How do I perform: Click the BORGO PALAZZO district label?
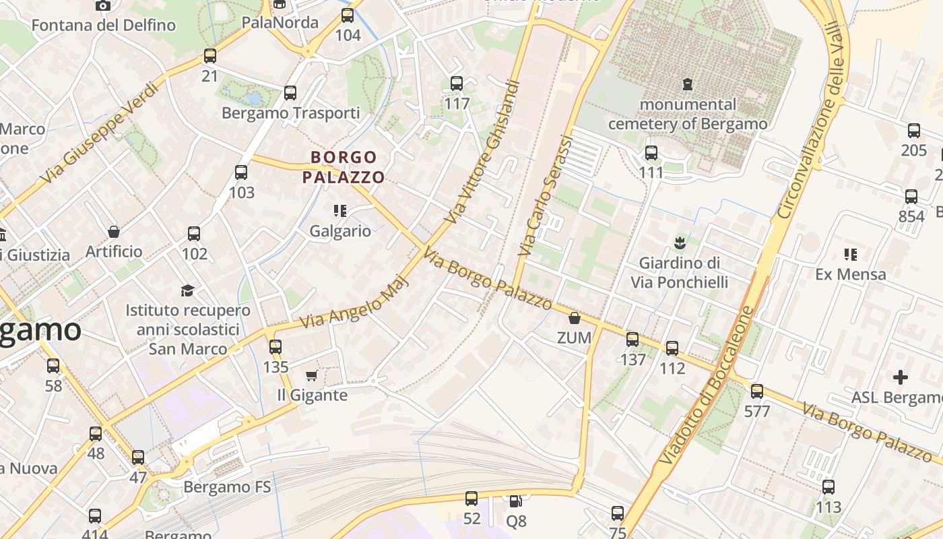point(344,167)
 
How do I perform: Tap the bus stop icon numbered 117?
point(457,84)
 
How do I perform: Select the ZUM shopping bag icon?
point(575,318)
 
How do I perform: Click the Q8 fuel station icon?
point(515,501)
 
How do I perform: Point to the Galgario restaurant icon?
point(340,211)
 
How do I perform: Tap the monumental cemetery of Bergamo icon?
point(687,84)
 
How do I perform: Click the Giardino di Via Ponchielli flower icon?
point(679,241)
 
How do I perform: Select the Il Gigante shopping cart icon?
point(311,375)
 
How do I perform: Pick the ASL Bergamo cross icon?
point(900,377)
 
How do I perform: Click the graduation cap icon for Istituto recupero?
point(187,290)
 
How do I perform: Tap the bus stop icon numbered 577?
point(757,391)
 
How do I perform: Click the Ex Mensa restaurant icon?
point(850,254)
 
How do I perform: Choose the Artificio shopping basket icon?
point(114,232)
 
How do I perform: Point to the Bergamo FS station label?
point(227,486)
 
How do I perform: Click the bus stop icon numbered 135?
point(275,347)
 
